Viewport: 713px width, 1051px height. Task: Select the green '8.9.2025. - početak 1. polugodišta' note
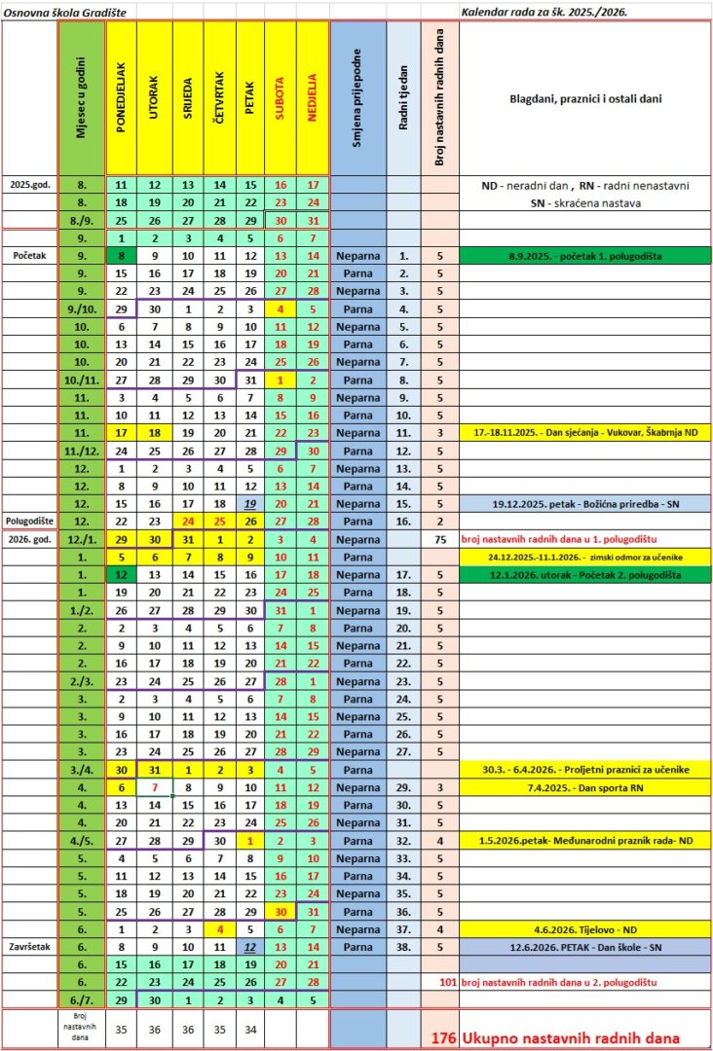point(584,256)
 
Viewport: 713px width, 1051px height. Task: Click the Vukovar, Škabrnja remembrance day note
point(584,432)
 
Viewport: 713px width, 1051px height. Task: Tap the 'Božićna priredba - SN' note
point(584,504)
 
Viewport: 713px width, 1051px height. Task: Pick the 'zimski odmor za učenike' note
point(584,558)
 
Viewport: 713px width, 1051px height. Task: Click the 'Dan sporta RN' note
point(584,785)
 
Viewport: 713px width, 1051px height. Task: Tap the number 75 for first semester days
point(439,539)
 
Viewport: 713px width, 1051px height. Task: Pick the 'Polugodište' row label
point(30,522)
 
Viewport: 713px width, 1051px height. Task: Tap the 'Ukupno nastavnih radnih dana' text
point(571,1037)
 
